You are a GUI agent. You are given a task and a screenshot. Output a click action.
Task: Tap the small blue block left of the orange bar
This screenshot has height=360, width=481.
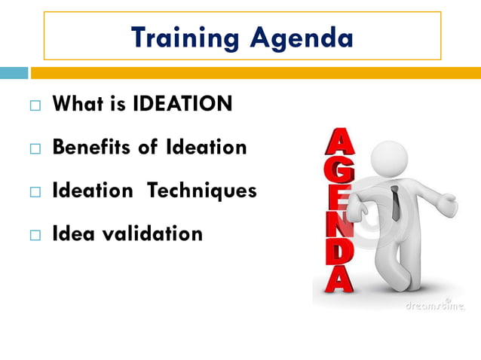coord(14,73)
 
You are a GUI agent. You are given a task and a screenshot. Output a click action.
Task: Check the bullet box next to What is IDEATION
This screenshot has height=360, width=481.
coord(35,106)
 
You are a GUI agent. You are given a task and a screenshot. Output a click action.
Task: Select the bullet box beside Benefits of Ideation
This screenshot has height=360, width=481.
coord(35,149)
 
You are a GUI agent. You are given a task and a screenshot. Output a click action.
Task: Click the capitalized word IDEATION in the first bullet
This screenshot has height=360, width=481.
coord(182,105)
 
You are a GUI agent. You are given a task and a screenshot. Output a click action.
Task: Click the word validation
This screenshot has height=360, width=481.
coord(158,234)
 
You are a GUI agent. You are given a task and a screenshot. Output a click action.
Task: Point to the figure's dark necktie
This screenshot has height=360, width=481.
coord(395,204)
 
